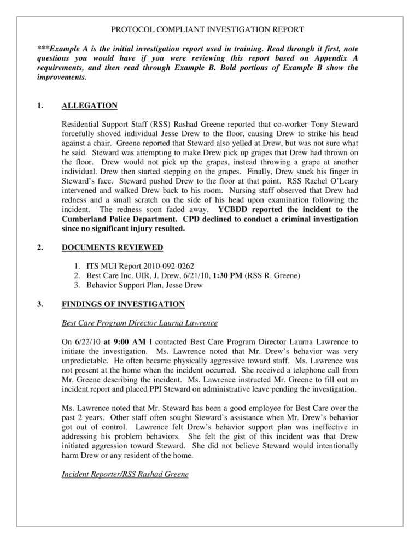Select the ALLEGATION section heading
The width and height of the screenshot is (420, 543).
(x=90, y=105)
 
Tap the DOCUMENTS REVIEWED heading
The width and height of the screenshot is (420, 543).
(x=112, y=247)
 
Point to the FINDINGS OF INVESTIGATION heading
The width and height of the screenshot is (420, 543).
(x=123, y=304)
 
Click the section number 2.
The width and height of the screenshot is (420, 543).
(x=40, y=247)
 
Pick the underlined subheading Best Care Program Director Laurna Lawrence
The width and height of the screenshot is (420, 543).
(x=140, y=322)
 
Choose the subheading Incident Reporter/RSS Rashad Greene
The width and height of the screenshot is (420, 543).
(x=125, y=475)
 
